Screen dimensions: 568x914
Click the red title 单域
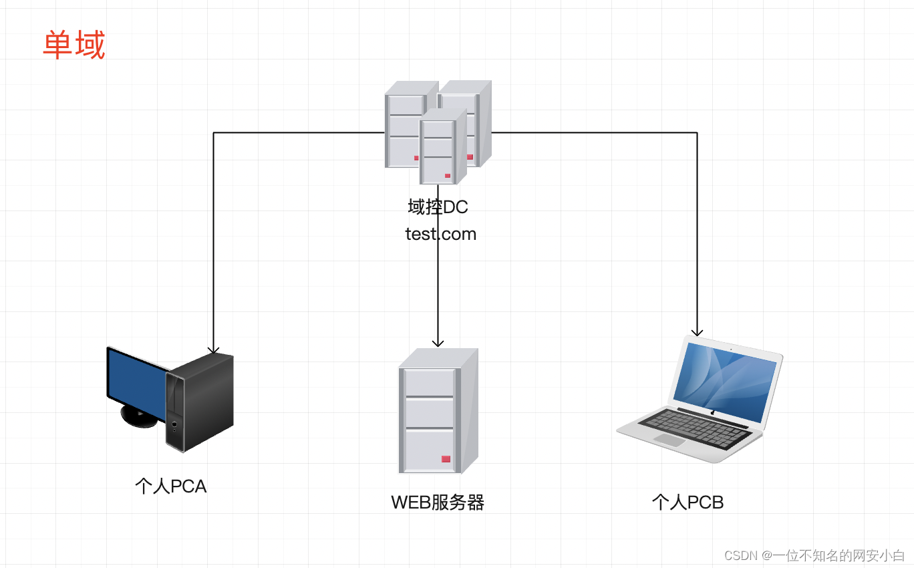click(74, 45)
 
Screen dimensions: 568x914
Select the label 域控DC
click(438, 207)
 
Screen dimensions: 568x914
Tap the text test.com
click(440, 235)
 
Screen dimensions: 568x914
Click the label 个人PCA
click(171, 486)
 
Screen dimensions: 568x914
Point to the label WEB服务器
click(438, 503)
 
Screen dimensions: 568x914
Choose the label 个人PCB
click(688, 503)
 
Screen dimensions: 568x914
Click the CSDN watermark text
click(814, 555)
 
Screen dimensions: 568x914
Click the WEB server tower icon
click(438, 410)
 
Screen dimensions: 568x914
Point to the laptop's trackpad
click(670, 440)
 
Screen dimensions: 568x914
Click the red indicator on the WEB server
click(446, 458)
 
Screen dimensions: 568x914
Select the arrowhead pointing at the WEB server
click(438, 342)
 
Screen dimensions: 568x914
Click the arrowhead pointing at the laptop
click(698, 331)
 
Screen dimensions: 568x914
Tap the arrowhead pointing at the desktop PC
click(213, 349)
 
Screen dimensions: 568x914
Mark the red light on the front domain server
click(448, 176)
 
